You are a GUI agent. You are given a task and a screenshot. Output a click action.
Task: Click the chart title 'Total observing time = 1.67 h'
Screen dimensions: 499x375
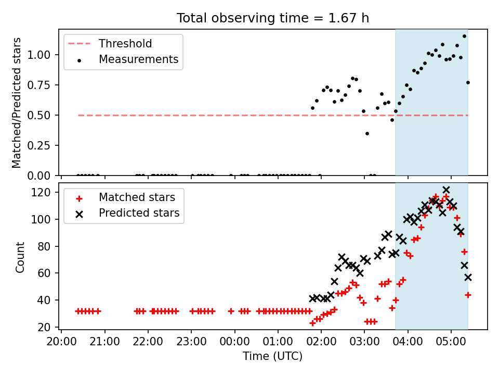(273, 18)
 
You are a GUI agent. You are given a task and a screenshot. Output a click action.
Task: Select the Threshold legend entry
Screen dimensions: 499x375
(110, 44)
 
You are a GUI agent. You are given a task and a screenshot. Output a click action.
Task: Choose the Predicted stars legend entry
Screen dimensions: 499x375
(127, 213)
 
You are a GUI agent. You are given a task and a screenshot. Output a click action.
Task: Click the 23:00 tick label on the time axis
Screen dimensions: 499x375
(191, 342)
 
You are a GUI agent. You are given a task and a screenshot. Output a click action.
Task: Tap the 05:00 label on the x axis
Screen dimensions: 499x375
(451, 342)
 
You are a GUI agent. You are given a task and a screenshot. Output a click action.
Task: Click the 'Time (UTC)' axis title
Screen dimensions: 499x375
(273, 356)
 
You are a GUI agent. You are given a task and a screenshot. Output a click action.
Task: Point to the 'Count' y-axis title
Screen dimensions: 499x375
(20, 257)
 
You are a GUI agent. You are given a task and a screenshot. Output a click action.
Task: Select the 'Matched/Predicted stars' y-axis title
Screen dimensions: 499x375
(16, 103)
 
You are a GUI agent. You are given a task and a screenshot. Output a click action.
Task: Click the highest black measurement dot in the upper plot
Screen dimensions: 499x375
(464, 36)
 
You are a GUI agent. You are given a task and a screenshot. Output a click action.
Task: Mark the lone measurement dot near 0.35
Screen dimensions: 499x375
(367, 134)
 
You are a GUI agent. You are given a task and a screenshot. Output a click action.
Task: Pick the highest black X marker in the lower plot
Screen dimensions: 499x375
(446, 190)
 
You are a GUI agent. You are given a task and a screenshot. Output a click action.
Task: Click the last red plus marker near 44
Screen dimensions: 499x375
(468, 295)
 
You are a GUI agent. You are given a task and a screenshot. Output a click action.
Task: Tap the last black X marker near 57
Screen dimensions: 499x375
(468, 278)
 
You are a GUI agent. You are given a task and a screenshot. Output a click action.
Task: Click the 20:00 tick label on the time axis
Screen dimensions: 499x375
(61, 342)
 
